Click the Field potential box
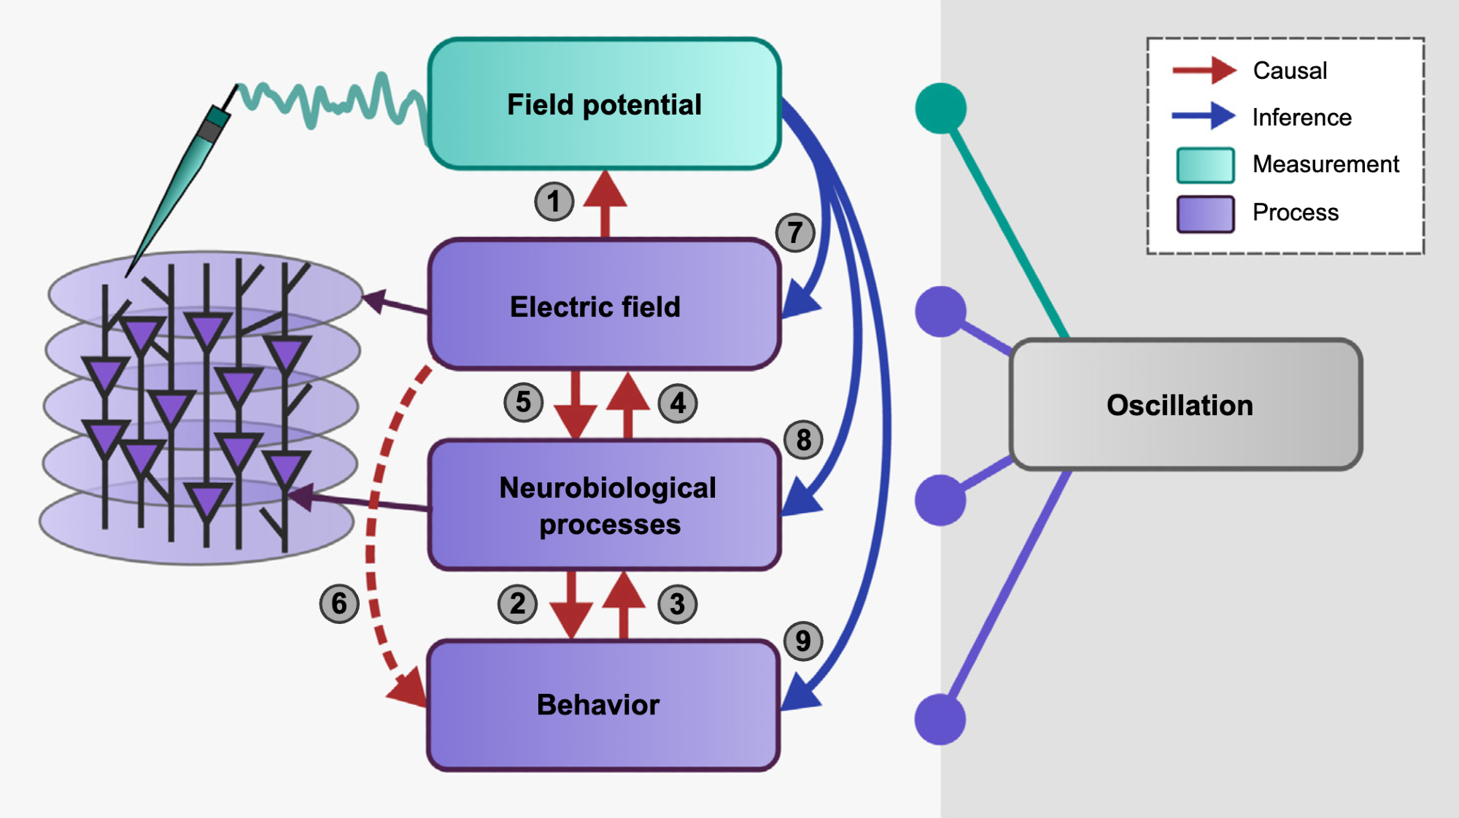604,104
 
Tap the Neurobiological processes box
604,505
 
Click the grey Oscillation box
1185,404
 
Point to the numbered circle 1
554,201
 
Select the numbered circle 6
339,603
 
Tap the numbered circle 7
794,233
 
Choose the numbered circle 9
802,641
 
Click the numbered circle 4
678,403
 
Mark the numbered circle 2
517,603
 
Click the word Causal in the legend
1290,71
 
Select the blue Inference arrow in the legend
1204,116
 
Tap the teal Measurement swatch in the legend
1205,165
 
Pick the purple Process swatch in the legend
1205,214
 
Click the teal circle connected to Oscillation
940,108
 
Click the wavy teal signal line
328,102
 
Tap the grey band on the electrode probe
211,131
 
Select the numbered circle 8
803,440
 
